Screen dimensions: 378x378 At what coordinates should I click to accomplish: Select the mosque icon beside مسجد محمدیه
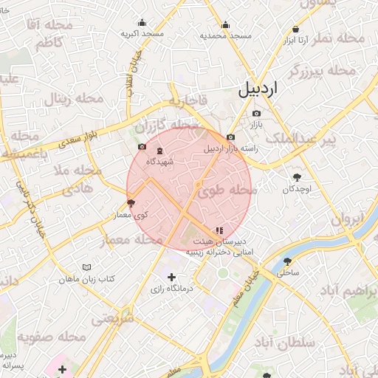225,24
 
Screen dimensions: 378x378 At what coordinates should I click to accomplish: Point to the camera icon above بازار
256,113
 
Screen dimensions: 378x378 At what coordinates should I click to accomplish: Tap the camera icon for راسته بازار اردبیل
231,137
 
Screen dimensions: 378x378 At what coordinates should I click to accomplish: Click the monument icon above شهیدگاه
160,151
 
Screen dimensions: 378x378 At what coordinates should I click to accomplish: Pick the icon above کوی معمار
131,202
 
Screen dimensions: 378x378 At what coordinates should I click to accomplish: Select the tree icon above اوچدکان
298,177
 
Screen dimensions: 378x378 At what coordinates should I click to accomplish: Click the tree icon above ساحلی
287,261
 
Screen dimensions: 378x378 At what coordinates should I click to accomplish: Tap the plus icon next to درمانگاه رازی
172,277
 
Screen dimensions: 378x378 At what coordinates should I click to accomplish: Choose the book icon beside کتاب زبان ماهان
88,267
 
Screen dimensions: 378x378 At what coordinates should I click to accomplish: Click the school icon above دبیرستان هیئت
218,230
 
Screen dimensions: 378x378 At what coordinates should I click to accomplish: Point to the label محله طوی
230,190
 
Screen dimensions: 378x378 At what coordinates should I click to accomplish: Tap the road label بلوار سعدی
80,136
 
